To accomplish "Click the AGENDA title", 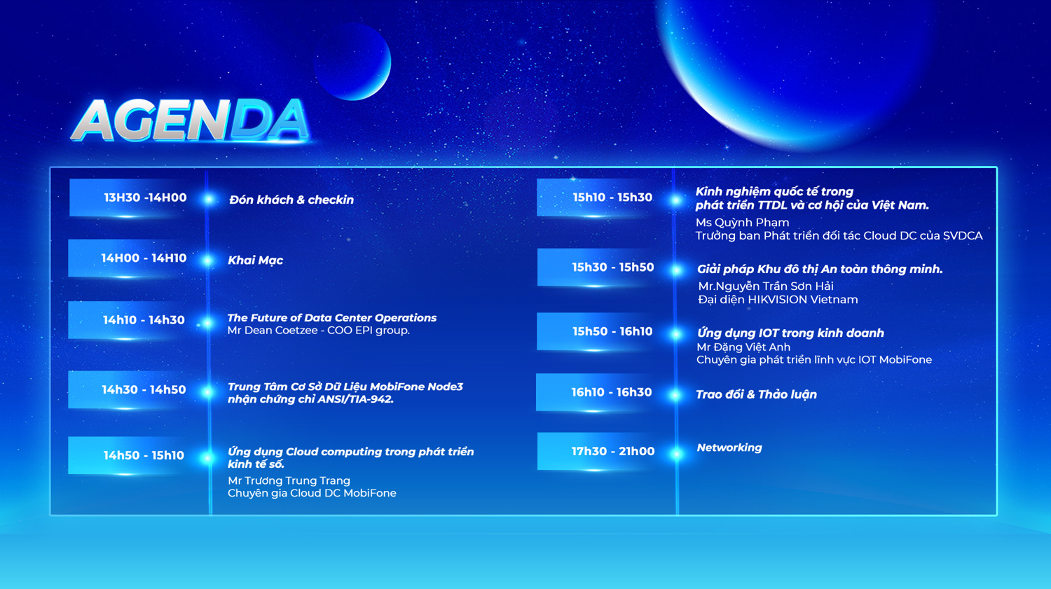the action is click(191, 120).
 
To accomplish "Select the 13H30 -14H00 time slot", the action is click(145, 198).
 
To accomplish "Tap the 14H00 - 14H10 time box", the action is click(144, 258).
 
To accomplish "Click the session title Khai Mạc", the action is click(255, 261).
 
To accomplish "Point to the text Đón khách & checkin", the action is click(291, 200).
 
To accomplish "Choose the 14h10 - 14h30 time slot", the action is click(144, 320).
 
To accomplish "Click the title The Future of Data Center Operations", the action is click(331, 317).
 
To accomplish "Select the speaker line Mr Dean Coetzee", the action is click(273, 330).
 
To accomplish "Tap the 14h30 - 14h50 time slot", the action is click(144, 389).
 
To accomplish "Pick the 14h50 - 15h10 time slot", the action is click(144, 455).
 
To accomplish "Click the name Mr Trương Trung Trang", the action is click(289, 480).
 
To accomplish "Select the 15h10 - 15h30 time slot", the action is click(612, 198).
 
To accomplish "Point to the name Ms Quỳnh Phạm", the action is click(742, 222).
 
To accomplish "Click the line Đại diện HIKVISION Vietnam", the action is click(778, 299).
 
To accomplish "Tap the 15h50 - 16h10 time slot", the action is click(612, 331).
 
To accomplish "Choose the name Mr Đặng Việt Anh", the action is click(743, 347).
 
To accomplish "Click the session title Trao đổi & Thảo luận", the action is click(756, 394).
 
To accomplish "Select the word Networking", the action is click(729, 448).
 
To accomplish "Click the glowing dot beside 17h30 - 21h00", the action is click(677, 453).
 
